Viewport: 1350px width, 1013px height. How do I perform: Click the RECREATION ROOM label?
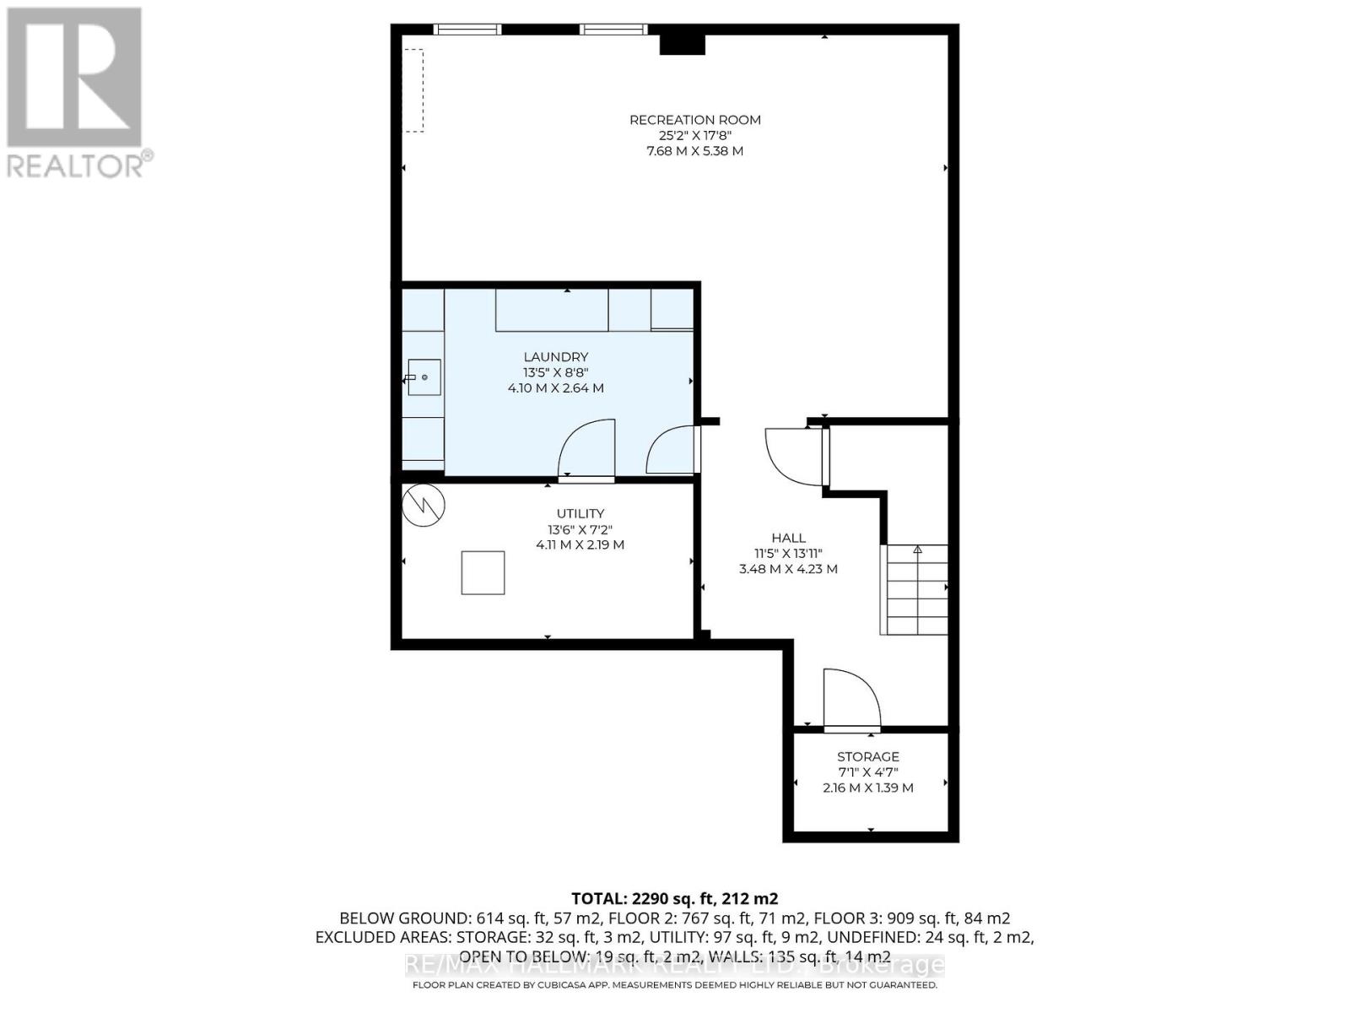(x=694, y=120)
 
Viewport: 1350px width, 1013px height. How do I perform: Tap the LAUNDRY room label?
(x=555, y=357)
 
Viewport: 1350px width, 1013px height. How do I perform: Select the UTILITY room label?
(x=580, y=513)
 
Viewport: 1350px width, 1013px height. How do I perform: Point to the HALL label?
(x=788, y=538)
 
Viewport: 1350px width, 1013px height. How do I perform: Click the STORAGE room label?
(x=867, y=756)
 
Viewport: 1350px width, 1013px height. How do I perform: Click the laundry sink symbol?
(x=424, y=377)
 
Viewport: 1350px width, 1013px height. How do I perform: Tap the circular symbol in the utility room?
(x=424, y=505)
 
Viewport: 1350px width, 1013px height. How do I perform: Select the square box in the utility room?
(x=483, y=573)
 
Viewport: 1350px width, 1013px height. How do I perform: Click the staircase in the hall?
(x=915, y=589)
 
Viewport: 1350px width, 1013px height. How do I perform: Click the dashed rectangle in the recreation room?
(x=413, y=90)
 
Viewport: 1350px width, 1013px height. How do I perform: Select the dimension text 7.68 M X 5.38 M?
(x=694, y=151)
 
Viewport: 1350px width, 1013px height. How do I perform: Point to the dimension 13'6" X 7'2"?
(x=580, y=529)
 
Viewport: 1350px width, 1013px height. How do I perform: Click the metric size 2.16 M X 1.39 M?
(x=867, y=788)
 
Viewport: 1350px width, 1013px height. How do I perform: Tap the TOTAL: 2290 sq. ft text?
(x=674, y=898)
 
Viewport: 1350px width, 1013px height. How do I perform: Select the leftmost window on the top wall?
(x=467, y=30)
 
